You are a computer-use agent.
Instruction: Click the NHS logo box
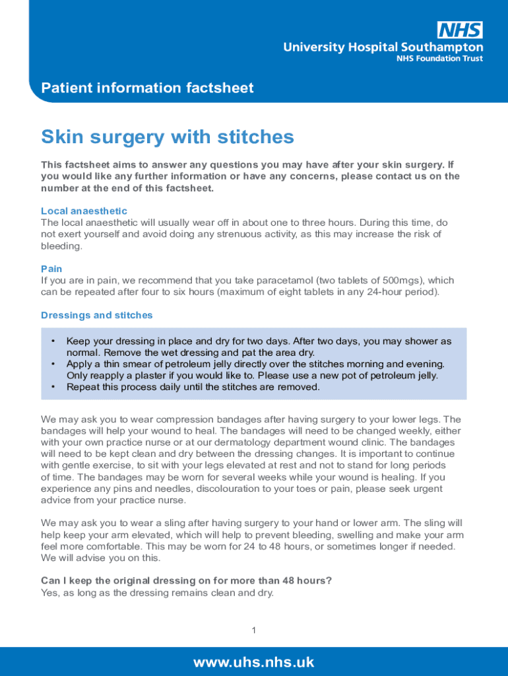coord(460,30)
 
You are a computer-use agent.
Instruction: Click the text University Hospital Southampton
coord(383,47)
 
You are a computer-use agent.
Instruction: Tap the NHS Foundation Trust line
coord(439,59)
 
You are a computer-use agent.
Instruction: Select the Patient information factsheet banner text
coord(147,88)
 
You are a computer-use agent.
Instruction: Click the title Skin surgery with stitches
coord(167,137)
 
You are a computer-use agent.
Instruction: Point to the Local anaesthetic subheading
coord(84,211)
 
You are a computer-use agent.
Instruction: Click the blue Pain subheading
coord(51,269)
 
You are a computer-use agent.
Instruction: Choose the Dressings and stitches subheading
coord(96,315)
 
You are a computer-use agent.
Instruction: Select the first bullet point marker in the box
coord(51,341)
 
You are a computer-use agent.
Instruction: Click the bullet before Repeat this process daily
coord(51,387)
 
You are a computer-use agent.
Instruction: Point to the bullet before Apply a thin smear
coord(51,364)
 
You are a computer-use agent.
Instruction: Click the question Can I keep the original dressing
coord(186,581)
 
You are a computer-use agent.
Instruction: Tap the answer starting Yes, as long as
coord(157,593)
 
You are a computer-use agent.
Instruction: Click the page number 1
coord(253,631)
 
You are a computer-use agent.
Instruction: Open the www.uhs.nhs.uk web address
coord(253,662)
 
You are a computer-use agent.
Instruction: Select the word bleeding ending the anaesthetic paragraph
coord(61,246)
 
